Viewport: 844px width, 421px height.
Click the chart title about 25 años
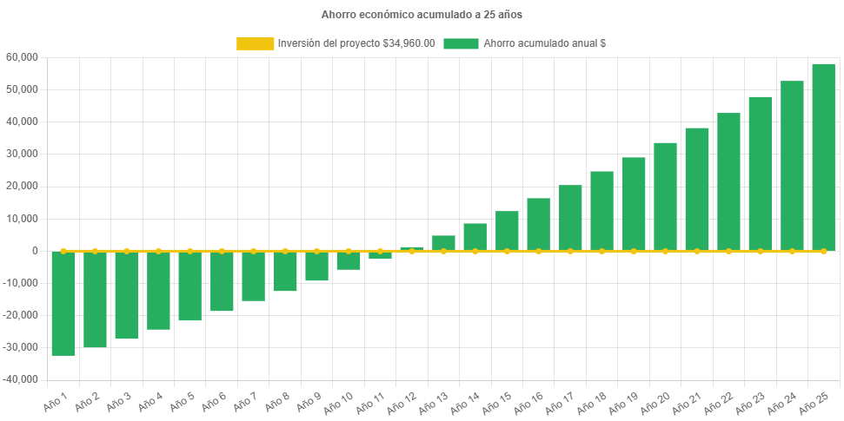click(x=422, y=15)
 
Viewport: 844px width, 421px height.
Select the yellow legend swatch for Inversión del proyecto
click(x=254, y=43)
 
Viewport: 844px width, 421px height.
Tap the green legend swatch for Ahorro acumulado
click(x=461, y=43)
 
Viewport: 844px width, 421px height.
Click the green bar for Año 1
click(x=63, y=303)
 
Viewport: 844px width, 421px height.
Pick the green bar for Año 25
click(x=823, y=157)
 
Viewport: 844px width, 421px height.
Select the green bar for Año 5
click(x=189, y=286)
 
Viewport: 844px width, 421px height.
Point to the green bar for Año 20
click(x=665, y=196)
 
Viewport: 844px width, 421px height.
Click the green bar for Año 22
click(x=728, y=181)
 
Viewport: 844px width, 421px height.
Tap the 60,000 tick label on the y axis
click(x=22, y=57)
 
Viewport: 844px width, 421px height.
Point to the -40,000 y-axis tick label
click(x=20, y=379)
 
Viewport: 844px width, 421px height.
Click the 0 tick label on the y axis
click(x=35, y=251)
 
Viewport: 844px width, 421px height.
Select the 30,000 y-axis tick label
click(x=22, y=154)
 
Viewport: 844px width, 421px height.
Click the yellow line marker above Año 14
click(x=475, y=251)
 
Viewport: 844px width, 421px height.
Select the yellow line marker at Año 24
click(x=792, y=251)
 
